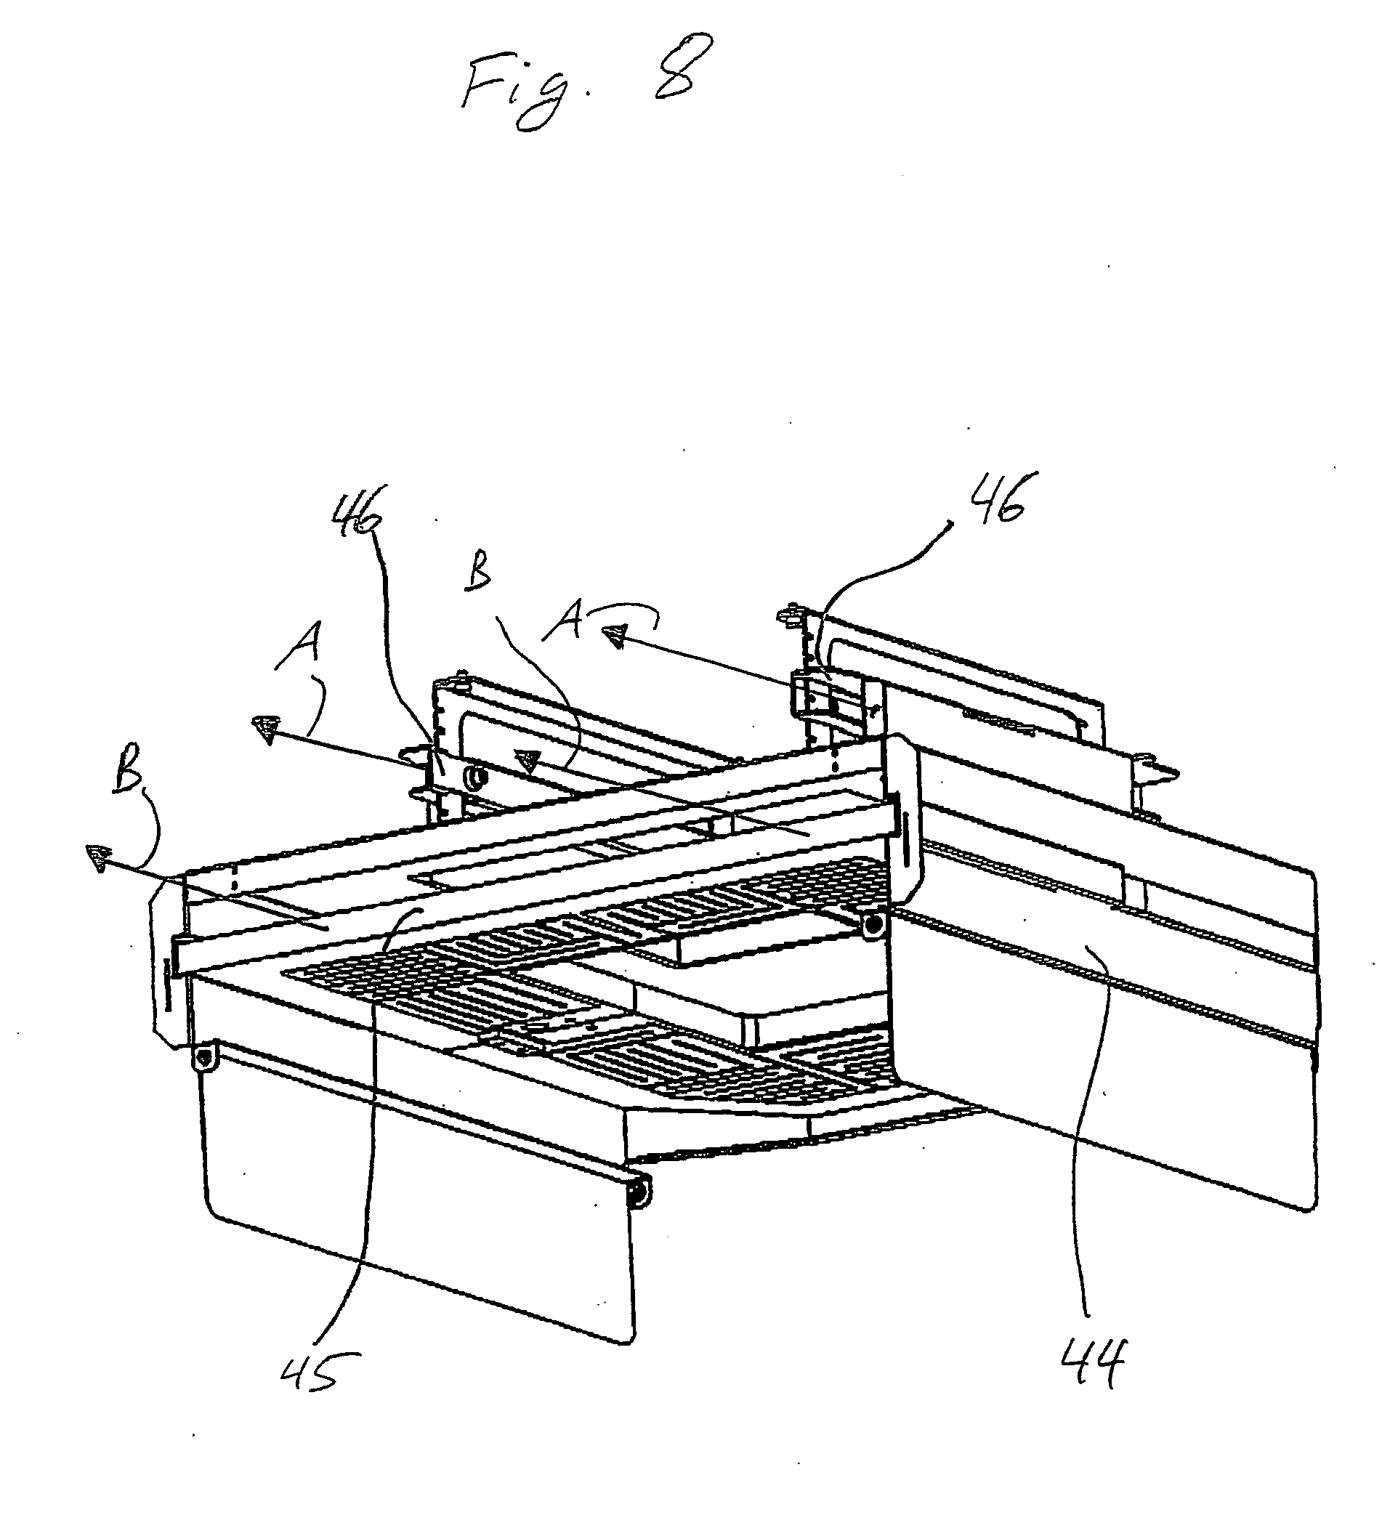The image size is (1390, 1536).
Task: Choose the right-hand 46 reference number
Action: (999, 498)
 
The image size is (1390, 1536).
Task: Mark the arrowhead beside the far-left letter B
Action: (98, 857)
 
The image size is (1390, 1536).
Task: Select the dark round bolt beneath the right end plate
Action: (873, 925)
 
